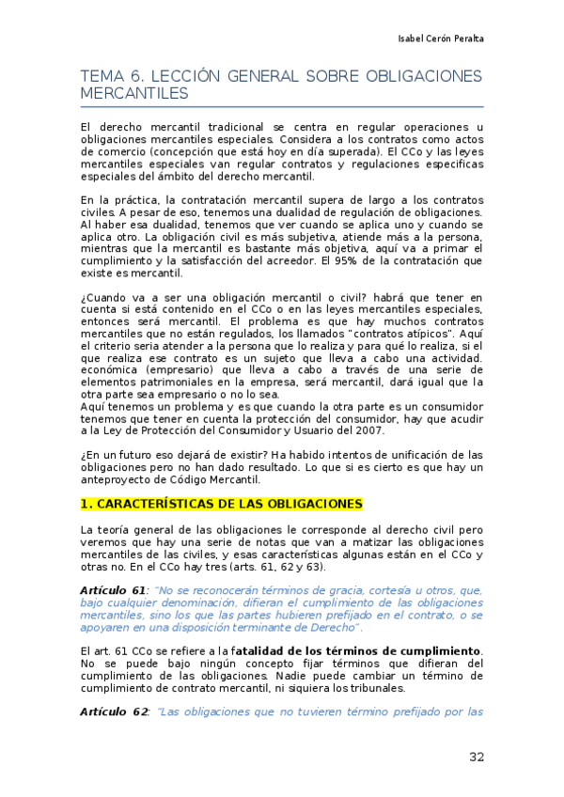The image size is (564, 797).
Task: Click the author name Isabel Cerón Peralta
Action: tap(442, 39)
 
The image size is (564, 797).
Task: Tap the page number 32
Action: tap(476, 757)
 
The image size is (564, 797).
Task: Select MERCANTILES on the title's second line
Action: tap(134, 95)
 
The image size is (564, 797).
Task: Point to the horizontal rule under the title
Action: tap(282, 106)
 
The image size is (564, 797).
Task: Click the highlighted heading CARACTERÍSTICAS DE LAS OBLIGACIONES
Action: tap(221, 504)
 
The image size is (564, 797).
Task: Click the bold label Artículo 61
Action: tap(114, 589)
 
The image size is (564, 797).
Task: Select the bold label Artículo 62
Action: tap(114, 711)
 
